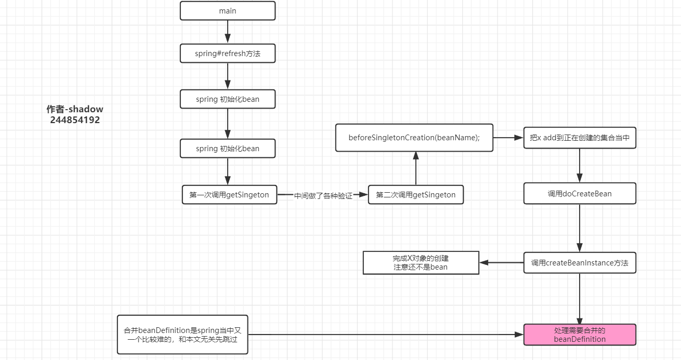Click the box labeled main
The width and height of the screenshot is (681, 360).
(x=227, y=11)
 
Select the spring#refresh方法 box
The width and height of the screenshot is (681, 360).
(x=227, y=54)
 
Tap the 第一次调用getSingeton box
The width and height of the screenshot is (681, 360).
(x=229, y=195)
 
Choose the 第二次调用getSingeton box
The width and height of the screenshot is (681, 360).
(x=415, y=195)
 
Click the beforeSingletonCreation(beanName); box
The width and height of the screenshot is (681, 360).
(x=414, y=138)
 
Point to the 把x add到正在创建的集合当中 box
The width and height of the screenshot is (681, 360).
(x=580, y=138)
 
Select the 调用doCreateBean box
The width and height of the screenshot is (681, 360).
(x=580, y=194)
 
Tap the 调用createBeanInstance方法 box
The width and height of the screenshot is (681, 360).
(x=580, y=263)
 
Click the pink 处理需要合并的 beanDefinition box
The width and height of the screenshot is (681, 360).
(x=580, y=335)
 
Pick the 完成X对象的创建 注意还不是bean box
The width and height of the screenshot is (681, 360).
(x=421, y=263)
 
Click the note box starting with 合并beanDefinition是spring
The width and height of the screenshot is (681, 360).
(x=182, y=335)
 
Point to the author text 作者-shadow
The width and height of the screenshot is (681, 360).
(x=75, y=110)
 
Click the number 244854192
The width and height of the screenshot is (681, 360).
(x=75, y=120)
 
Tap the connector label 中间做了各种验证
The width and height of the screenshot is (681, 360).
(x=323, y=196)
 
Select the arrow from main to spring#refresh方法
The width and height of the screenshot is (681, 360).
(x=227, y=32)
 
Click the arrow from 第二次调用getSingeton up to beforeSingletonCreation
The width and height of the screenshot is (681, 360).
(x=415, y=168)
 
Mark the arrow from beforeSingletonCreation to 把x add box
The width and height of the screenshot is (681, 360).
(x=508, y=138)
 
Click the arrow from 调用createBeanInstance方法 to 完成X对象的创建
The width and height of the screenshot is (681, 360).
(x=501, y=263)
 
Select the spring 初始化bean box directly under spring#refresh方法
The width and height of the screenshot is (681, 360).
(x=227, y=99)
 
